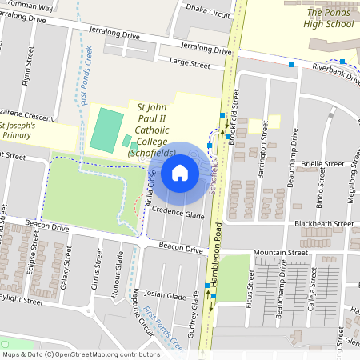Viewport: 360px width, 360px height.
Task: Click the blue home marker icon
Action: [180, 173]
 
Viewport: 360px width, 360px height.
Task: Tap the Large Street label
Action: [189, 64]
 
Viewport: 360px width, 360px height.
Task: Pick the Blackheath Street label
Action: [323, 223]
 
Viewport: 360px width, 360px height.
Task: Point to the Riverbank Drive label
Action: [337, 74]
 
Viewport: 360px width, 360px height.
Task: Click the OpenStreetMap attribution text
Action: [70, 354]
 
